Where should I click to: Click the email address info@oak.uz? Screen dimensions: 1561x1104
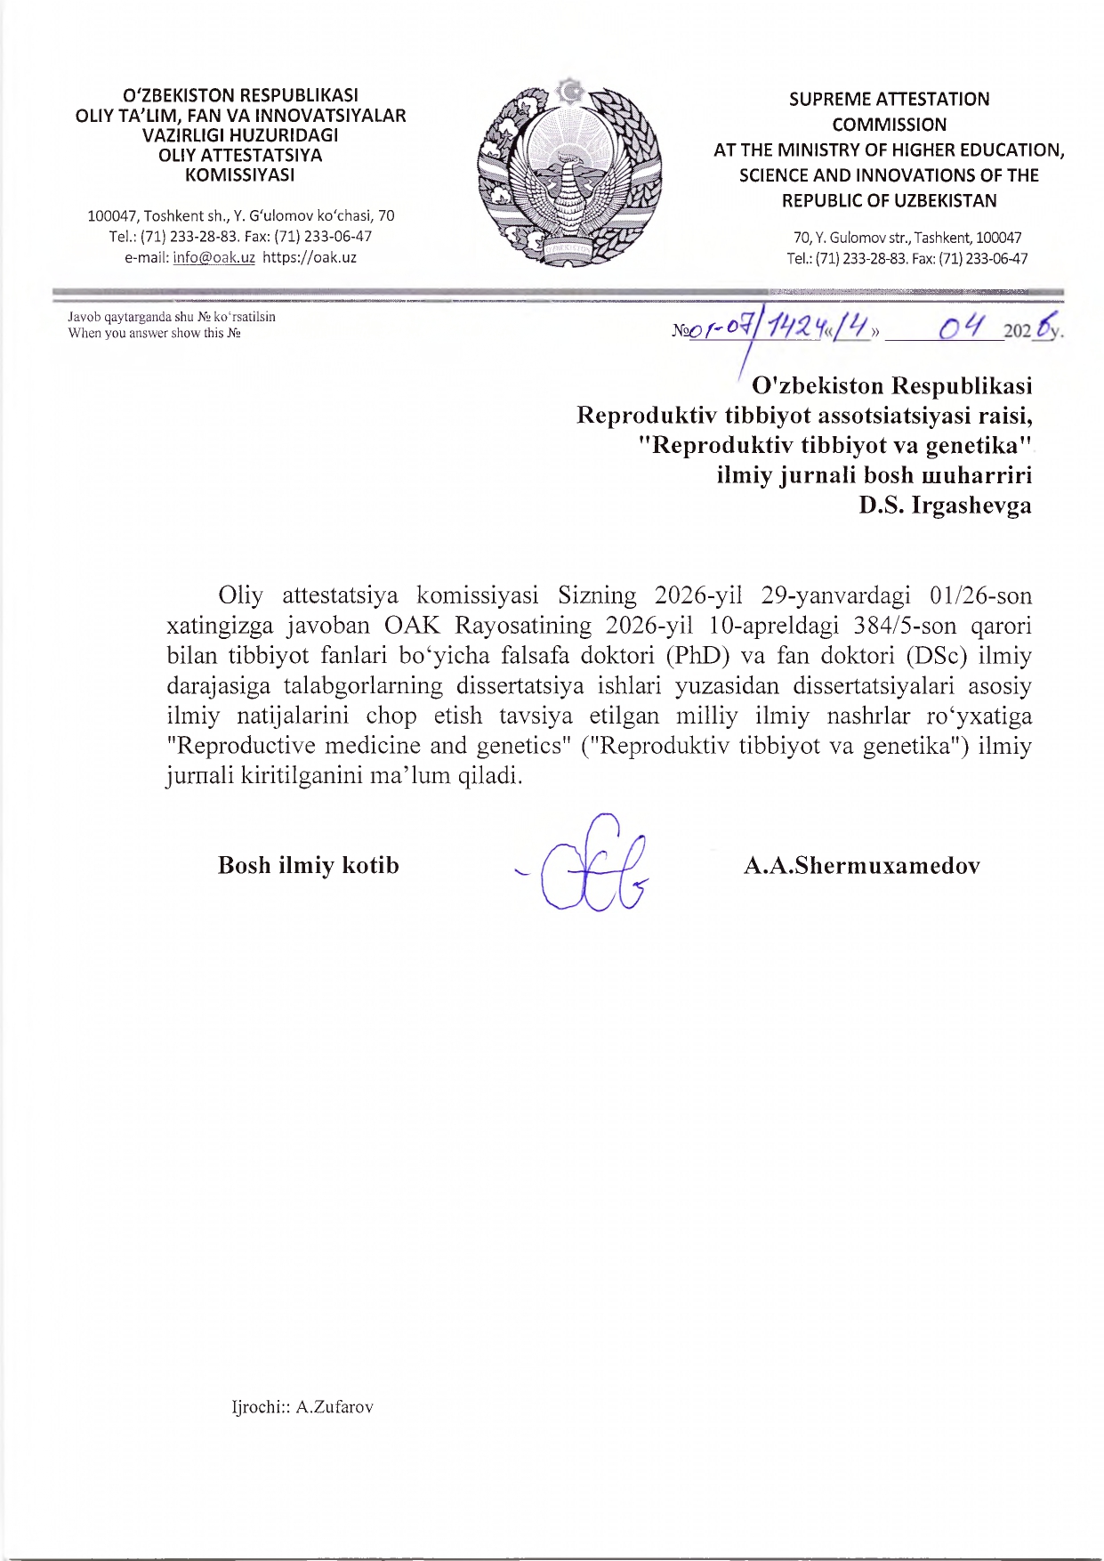pos(214,258)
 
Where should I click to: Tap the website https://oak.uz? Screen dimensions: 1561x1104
pos(310,258)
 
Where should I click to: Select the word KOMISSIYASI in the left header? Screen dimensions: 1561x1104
pos(239,175)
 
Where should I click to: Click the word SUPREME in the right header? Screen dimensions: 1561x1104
pos(826,100)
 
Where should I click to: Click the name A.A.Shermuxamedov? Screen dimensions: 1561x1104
pos(861,865)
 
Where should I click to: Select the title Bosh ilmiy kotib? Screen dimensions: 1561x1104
pos(308,865)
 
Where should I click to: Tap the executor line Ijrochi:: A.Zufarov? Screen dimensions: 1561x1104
pos(302,1407)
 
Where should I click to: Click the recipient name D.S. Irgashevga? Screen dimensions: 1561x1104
pos(945,506)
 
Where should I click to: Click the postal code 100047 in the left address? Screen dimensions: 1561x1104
pos(112,216)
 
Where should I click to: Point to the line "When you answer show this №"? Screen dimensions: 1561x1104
pos(155,334)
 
